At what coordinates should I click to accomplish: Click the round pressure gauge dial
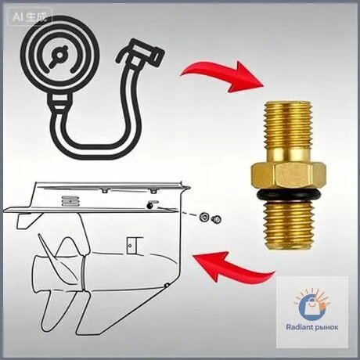coord(60,56)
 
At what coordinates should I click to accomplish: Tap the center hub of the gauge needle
coord(59,55)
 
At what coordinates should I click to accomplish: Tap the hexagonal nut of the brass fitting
coord(288,176)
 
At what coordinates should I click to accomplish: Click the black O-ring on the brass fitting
coord(288,195)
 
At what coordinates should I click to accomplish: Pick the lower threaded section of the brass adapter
coord(288,225)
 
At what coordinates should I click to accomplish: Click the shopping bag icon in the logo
coord(311,305)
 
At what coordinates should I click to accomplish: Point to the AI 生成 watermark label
coord(30,17)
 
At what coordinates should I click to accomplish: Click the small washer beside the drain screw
coord(203,217)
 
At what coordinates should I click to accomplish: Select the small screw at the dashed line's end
coord(216,219)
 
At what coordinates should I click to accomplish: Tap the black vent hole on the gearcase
coord(149,206)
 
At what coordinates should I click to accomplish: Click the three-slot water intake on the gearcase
coord(68,201)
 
